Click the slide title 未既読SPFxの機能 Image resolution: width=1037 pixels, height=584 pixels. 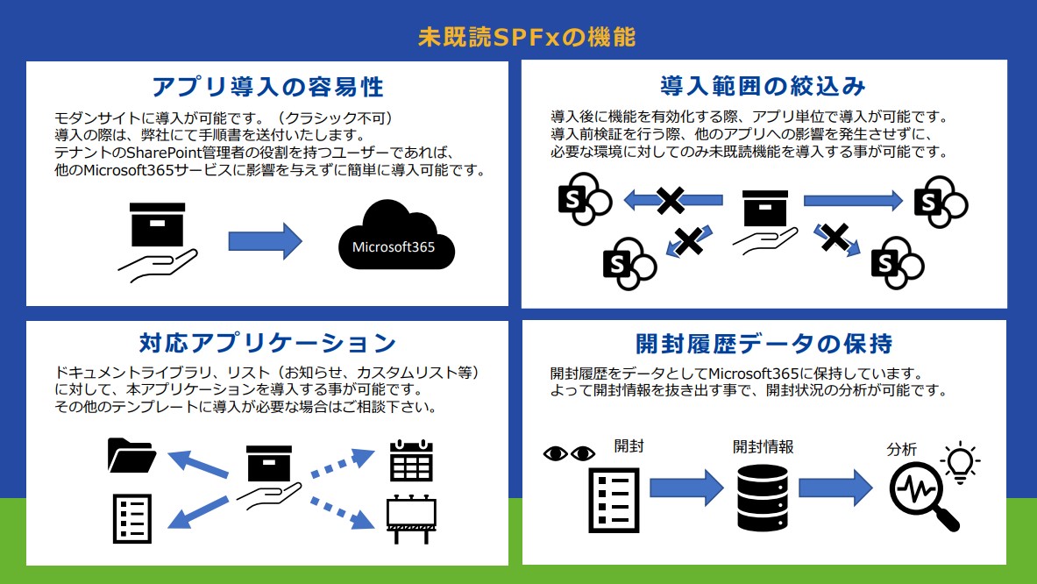pos(527,37)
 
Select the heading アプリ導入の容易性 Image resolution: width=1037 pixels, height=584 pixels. pos(268,87)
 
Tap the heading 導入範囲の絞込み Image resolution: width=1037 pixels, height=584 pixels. pos(764,86)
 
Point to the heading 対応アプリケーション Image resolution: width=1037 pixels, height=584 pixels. pos(268,343)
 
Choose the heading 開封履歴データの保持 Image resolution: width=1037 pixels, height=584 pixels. pos(764,343)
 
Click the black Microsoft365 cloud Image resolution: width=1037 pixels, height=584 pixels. pos(396,235)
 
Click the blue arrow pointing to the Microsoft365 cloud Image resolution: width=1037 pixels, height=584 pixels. pos(266,241)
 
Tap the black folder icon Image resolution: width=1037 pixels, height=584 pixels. pos(131,455)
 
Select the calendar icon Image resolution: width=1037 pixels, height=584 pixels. pos(411,460)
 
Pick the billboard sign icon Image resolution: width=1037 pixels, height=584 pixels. pos(411,518)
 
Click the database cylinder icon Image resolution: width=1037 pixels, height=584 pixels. pos(762,498)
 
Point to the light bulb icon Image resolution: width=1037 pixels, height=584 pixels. pos(960,462)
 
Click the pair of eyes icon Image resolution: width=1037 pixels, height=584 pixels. pos(570,453)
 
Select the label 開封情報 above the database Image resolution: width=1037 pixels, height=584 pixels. pos(763,447)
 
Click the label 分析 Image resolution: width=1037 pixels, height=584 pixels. pos(901,450)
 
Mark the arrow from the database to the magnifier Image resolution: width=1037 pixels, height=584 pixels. pos(836,488)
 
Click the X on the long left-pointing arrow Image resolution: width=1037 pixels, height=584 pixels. pos(671,201)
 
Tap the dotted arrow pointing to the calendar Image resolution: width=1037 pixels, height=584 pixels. pos(343,462)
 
